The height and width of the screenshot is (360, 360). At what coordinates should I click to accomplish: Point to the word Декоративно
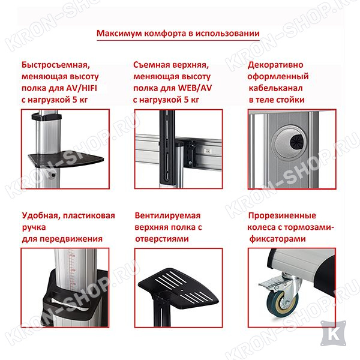coord(275,65)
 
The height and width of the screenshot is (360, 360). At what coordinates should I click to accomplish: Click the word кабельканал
coord(275,88)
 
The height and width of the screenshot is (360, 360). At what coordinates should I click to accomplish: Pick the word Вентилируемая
coord(167,216)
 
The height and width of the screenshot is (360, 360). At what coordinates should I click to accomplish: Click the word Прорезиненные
coord(282,216)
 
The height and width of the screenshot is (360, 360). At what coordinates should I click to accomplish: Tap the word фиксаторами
coord(277,239)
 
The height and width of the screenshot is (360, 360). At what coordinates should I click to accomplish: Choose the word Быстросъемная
coord(56,65)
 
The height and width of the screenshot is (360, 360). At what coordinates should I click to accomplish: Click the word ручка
coord(34,227)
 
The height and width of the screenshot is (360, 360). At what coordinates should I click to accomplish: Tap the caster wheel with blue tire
coord(283,300)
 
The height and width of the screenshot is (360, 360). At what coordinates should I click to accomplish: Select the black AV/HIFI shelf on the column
coord(66,158)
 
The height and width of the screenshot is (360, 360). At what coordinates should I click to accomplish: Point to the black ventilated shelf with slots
coord(179,286)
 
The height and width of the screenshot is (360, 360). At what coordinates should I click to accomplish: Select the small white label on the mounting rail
coord(208,151)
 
